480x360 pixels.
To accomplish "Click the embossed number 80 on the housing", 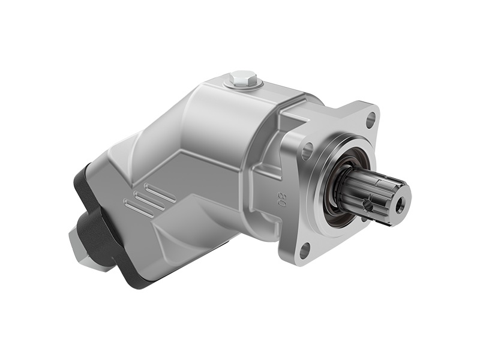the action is tap(280, 199).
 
